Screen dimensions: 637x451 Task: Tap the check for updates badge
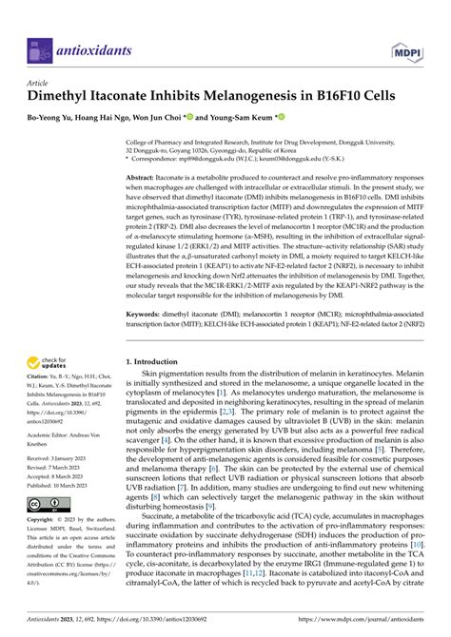pos(48,362)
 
